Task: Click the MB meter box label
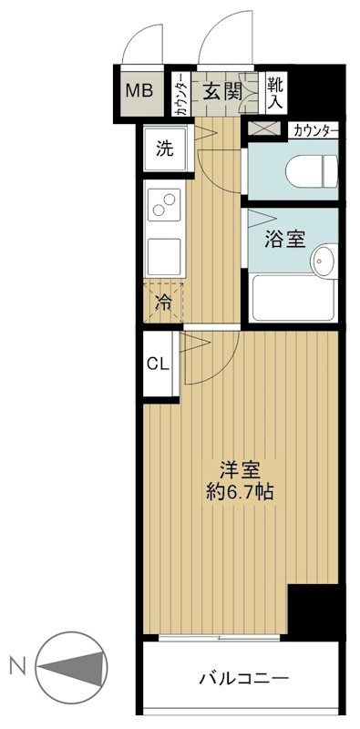coord(139,91)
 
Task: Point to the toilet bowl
coord(311,170)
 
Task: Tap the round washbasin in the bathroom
coord(322,262)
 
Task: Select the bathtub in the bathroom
coord(292,300)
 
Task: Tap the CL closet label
coord(158,364)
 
